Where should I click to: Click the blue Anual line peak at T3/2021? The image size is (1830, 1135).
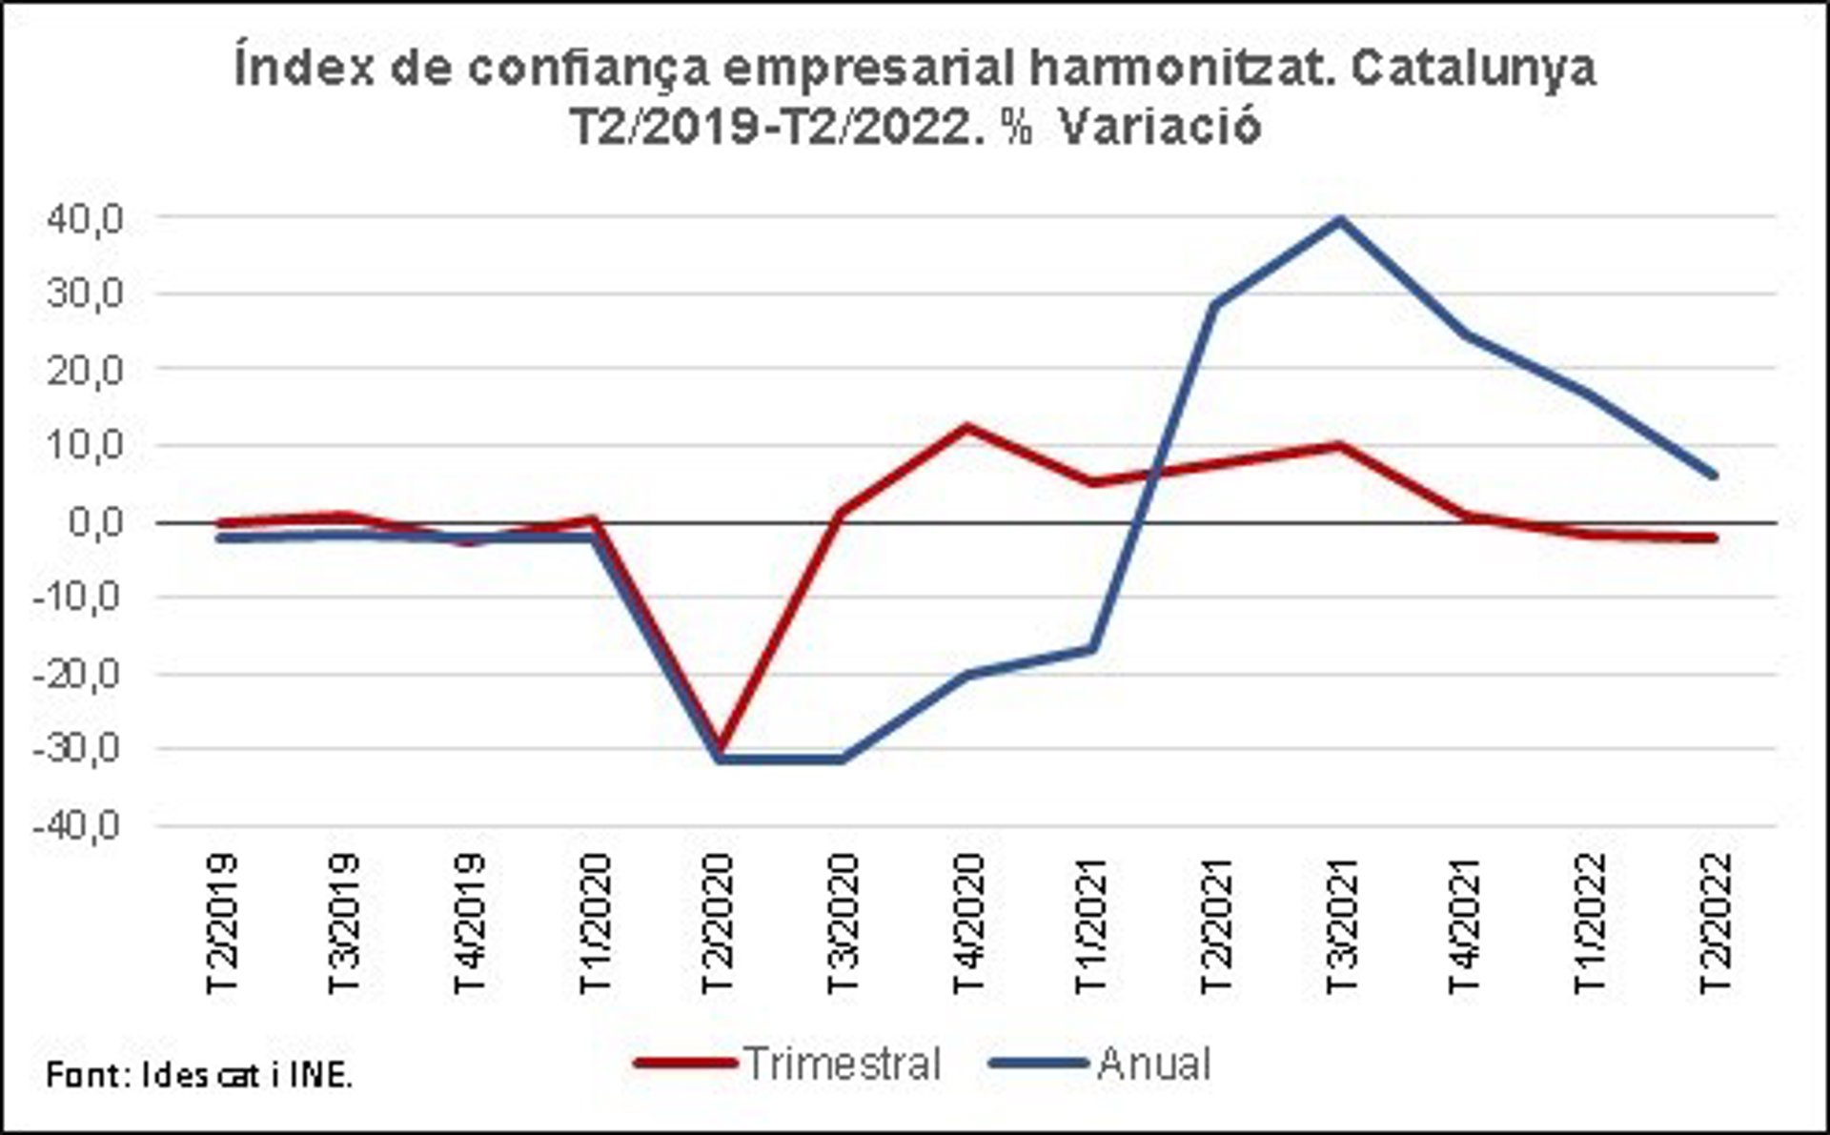[1340, 220]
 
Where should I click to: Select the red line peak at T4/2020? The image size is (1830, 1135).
[967, 426]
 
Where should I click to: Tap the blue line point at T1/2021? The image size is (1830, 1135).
[1091, 650]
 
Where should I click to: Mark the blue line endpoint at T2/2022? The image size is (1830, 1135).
[1714, 475]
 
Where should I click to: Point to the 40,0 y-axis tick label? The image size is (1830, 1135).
[84, 220]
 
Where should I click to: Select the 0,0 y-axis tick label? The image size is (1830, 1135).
[95, 522]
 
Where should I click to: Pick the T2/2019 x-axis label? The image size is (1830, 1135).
[223, 922]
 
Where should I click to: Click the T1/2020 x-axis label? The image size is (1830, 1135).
[596, 922]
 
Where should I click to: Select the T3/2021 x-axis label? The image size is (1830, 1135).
[1341, 922]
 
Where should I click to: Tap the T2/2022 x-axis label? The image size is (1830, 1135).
[1714, 922]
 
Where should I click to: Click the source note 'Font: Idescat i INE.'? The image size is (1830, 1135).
[199, 1076]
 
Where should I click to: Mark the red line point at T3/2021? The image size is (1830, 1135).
[1340, 445]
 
